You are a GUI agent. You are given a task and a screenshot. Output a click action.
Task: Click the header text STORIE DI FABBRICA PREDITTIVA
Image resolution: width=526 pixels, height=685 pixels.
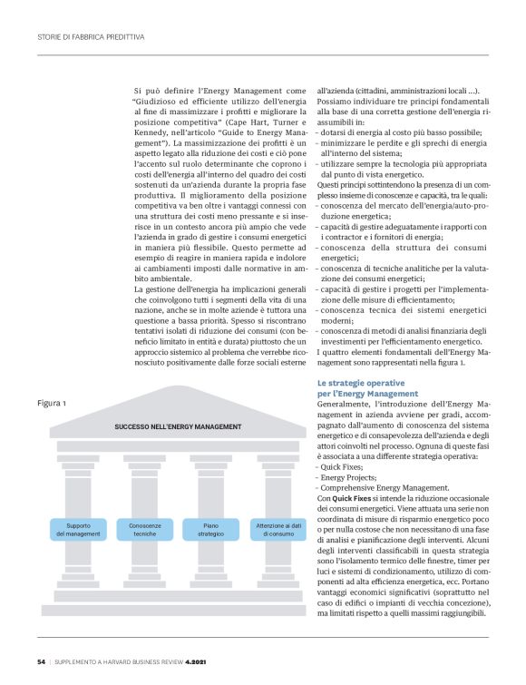pyautogui.click(x=90, y=38)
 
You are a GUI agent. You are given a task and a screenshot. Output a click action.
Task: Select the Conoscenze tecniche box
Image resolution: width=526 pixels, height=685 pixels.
pyautogui.click(x=145, y=530)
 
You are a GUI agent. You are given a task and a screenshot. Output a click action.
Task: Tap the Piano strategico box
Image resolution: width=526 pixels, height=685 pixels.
pyautogui.click(x=211, y=530)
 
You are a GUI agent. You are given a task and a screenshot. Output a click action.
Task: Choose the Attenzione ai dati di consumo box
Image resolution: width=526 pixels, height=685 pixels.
pyautogui.click(x=278, y=530)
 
